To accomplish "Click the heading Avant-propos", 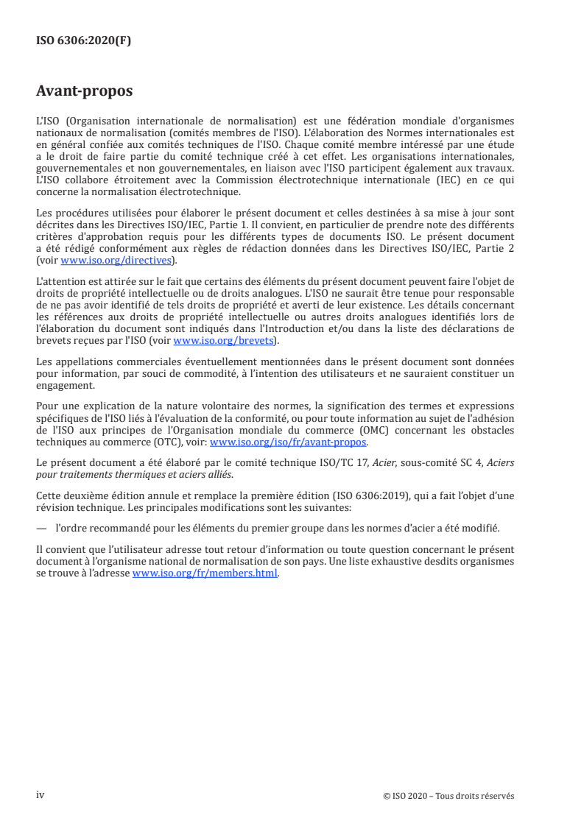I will pos(85,92).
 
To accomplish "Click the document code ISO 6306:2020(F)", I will pos(84,41).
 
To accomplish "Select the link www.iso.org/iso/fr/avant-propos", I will pos(289,442).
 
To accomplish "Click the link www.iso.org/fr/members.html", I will pos(205,574).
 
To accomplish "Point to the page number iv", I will pos(41,795).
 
